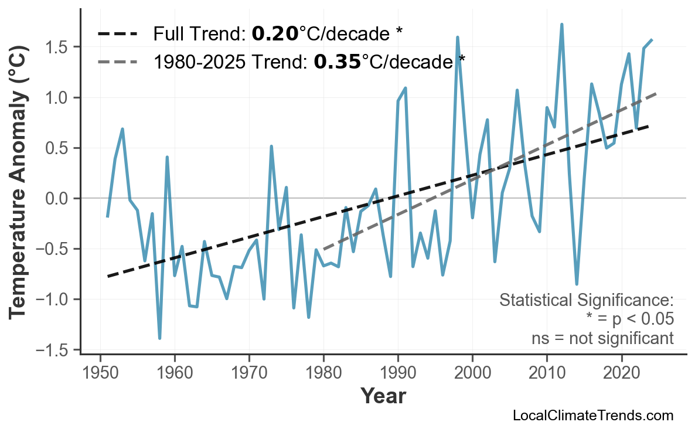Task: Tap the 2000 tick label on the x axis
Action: tap(472, 373)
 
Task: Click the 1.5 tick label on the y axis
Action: tap(60, 47)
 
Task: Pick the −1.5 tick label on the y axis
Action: tap(57, 351)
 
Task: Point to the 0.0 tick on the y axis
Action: tap(60, 199)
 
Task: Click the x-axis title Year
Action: tap(383, 397)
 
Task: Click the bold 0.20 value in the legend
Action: tap(275, 34)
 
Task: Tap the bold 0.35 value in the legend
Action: tap(337, 61)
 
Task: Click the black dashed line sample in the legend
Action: tap(118, 34)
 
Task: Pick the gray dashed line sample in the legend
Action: tap(118, 61)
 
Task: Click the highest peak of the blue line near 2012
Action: tap(561, 25)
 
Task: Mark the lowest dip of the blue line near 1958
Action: tap(159, 338)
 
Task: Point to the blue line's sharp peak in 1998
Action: tap(457, 38)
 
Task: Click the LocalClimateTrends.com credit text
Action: tap(592, 416)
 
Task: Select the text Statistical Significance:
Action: tap(586, 301)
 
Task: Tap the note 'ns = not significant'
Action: tap(602, 338)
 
